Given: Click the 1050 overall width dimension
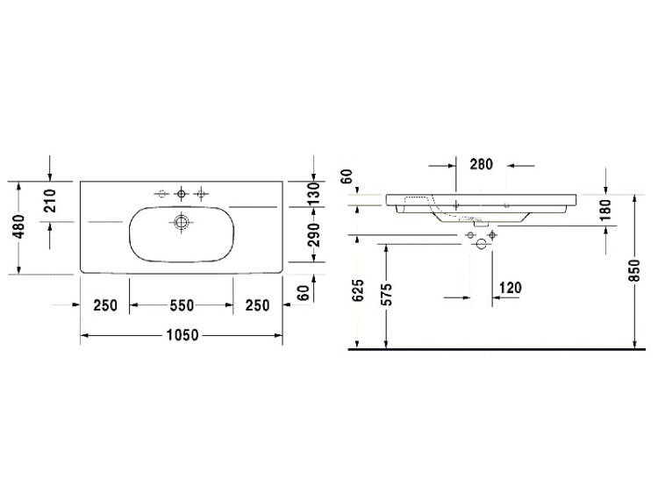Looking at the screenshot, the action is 182,335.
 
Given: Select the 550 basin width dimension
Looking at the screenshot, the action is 182,305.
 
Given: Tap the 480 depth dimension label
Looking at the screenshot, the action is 18,227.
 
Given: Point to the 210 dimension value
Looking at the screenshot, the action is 49,201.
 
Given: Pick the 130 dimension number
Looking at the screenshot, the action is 313,193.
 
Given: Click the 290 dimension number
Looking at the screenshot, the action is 313,234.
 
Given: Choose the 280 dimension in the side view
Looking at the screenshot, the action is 481,164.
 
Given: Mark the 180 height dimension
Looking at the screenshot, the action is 605,211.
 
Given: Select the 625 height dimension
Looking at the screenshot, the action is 358,290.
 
